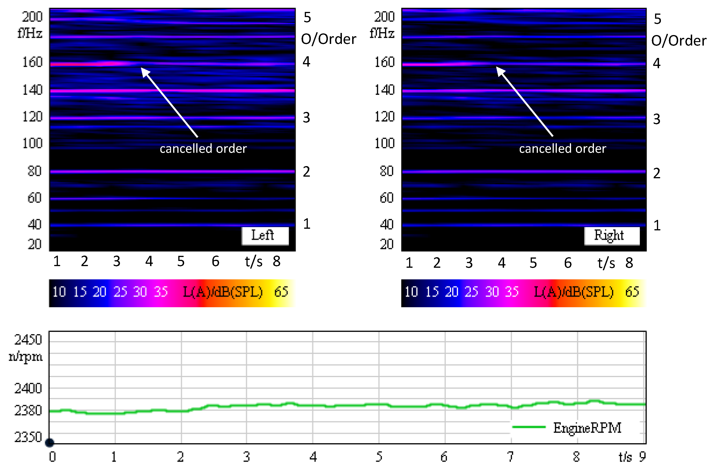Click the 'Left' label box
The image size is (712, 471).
click(265, 236)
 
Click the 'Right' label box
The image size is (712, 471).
click(611, 236)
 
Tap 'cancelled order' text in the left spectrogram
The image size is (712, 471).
click(203, 149)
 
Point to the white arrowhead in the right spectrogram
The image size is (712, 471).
click(500, 71)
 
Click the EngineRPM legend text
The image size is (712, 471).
click(587, 428)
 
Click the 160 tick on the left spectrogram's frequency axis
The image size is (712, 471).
click(32, 62)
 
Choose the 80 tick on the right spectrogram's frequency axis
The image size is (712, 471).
click(386, 171)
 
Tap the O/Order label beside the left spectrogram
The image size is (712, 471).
click(329, 39)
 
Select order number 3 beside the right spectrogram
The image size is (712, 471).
click(656, 119)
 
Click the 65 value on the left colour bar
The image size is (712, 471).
click(281, 292)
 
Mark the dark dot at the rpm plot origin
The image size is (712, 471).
click(49, 442)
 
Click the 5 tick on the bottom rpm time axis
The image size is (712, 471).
click(379, 457)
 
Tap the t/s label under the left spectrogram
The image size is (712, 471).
click(253, 261)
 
